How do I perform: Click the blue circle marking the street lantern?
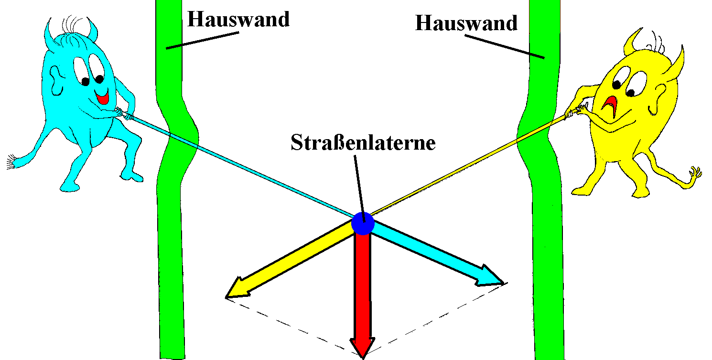pos(362,224)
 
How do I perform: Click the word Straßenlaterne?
pos(363,142)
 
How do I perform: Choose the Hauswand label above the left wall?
pos(238,20)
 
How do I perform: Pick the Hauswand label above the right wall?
pos(466,23)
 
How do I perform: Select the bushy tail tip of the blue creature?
pos(11,162)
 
